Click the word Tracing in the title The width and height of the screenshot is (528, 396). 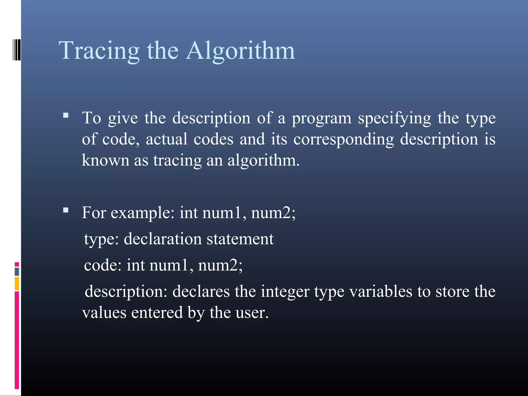pyautogui.click(x=99, y=51)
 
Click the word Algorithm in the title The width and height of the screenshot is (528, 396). pyautogui.click(x=240, y=51)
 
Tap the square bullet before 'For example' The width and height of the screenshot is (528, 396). pyautogui.click(x=66, y=210)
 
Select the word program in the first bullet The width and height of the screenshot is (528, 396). pyautogui.click(x=321, y=119)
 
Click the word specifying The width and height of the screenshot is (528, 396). pyautogui.click(x=394, y=119)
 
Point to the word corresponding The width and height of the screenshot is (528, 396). pyautogui.click(x=343, y=140)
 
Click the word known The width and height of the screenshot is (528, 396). pyautogui.click(x=105, y=160)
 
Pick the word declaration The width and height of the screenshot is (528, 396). pyautogui.click(x=163, y=239)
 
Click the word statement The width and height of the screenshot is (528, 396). pyautogui.click(x=240, y=239)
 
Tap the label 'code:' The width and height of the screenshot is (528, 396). pyautogui.click(x=103, y=265)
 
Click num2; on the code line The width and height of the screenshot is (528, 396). pyautogui.click(x=220, y=265)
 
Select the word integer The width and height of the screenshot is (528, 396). pyautogui.click(x=285, y=292)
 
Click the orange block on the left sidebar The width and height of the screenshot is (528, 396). pyautogui.click(x=17, y=284)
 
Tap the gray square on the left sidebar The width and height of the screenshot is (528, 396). pyautogui.click(x=17, y=271)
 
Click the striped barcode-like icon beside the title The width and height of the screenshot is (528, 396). pyautogui.click(x=17, y=49)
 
